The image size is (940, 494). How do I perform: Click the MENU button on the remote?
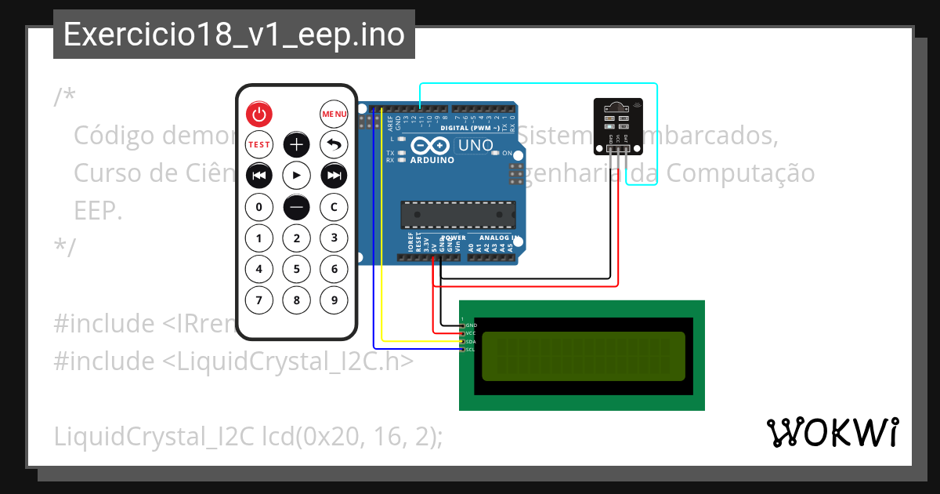[334, 114]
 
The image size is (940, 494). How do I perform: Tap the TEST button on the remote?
[259, 144]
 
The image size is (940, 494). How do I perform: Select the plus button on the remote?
[296, 144]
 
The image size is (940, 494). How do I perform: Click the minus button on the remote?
[296, 207]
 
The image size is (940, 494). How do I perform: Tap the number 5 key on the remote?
[296, 270]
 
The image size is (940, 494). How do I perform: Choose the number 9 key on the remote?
[334, 300]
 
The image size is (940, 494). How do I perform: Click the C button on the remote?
[334, 207]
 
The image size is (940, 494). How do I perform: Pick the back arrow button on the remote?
[334, 144]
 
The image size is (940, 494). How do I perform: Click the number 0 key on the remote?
[259, 207]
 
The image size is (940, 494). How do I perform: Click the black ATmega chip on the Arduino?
[458, 212]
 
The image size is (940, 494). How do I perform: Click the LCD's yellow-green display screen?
[582, 355]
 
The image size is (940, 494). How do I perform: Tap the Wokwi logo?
[832, 432]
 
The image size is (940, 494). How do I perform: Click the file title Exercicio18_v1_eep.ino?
[234, 35]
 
